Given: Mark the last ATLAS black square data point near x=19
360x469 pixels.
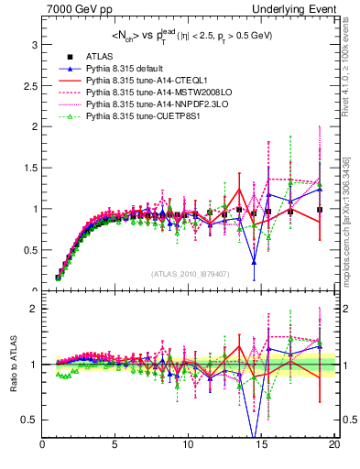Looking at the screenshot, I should tap(319, 210).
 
